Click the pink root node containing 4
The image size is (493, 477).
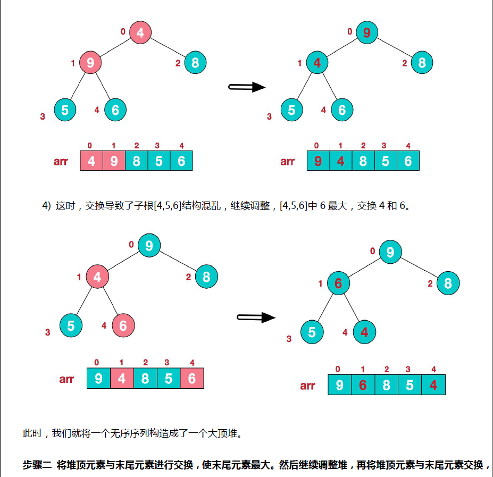[140, 32]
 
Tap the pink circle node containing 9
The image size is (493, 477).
[90, 63]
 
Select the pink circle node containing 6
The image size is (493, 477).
[123, 325]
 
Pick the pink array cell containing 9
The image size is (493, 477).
[114, 161]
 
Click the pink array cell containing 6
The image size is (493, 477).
[192, 379]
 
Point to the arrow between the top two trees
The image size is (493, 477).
[247, 87]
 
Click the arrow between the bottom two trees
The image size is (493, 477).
[256, 317]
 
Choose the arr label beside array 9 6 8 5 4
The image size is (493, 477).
[307, 386]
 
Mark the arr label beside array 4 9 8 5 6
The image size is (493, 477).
[61, 161]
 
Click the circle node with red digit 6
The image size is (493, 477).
[338, 283]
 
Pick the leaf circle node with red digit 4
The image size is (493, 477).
[364, 332]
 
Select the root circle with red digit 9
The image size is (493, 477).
[366, 32]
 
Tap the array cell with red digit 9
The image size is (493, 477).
[318, 161]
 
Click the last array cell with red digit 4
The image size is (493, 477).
[433, 384]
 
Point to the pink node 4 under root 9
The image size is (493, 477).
[97, 277]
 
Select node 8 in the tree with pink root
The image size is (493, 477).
[195, 63]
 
